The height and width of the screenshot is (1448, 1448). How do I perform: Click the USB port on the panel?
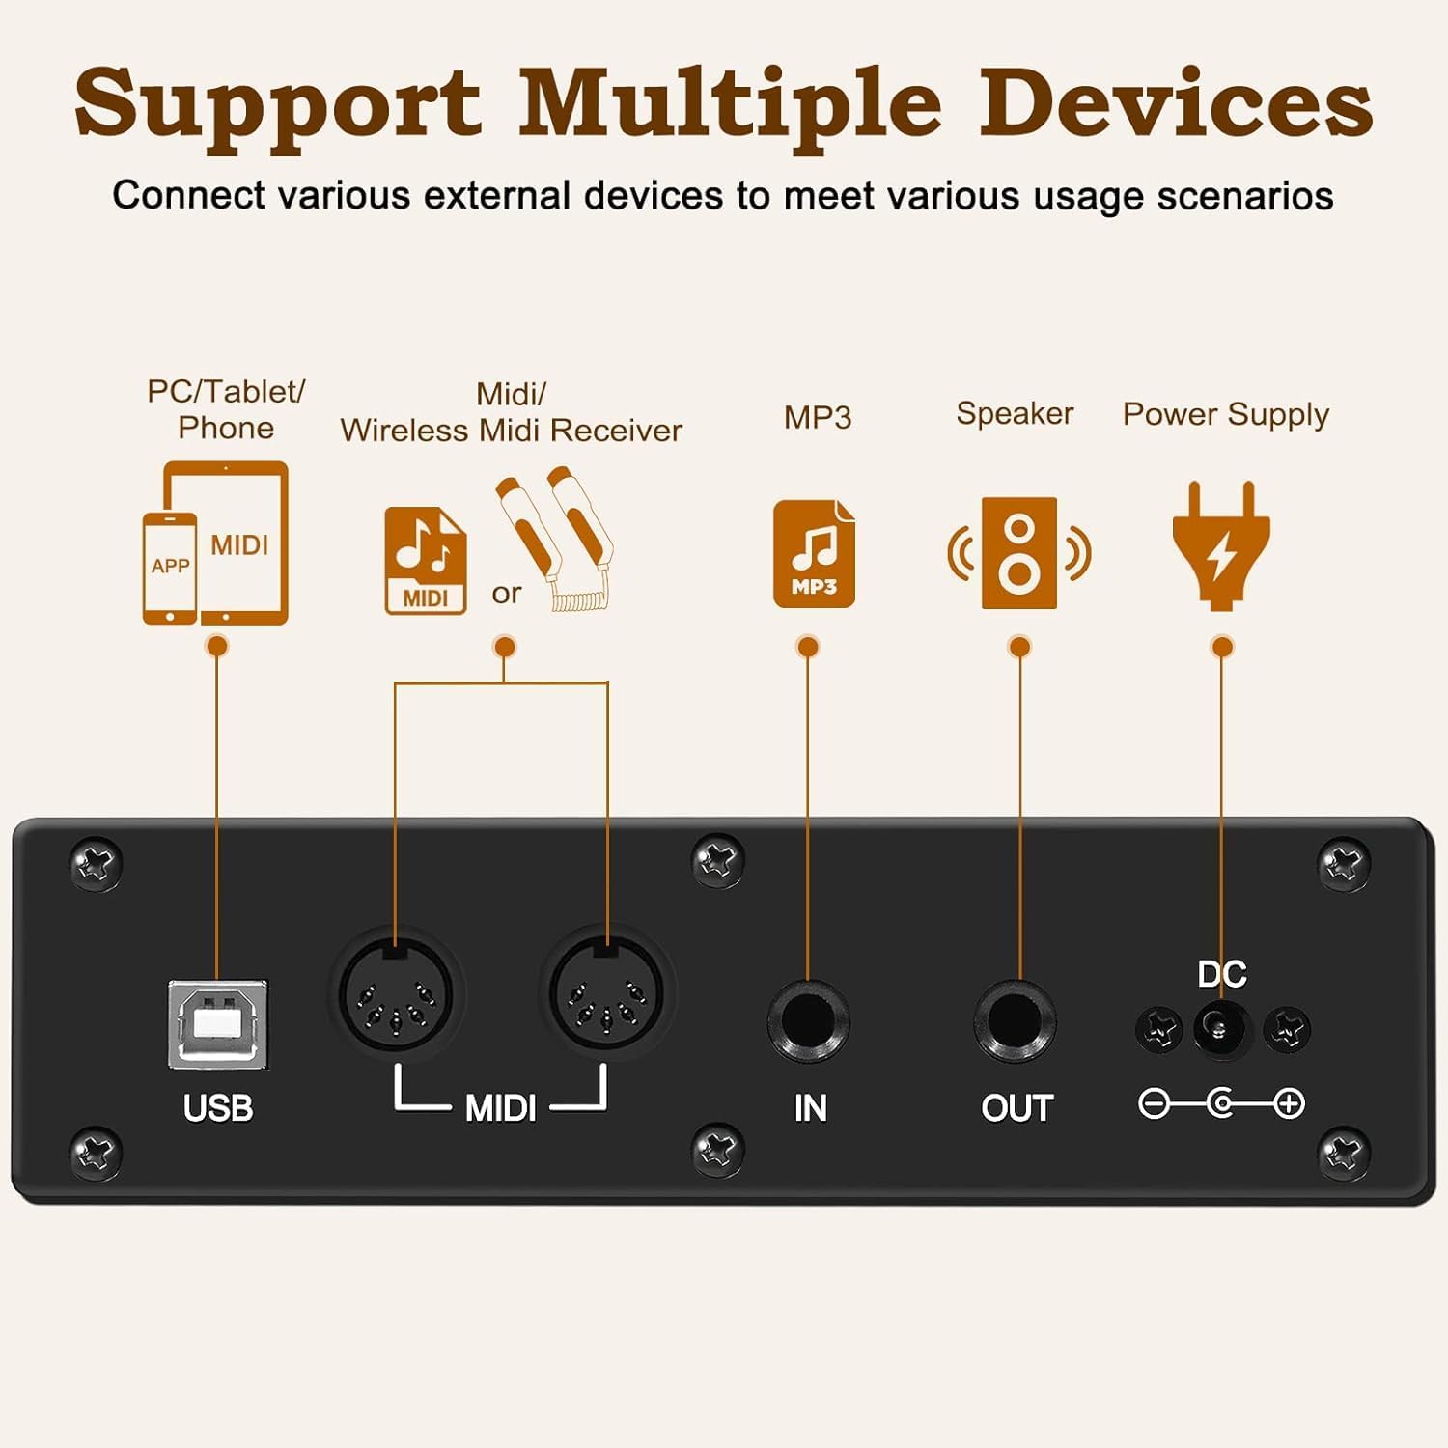click(217, 1025)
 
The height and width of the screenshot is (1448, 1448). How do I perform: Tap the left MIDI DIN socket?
click(396, 994)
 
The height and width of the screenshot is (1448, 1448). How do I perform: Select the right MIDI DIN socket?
click(606, 994)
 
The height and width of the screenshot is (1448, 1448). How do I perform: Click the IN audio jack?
click(808, 1021)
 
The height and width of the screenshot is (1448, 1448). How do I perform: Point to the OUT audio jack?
click(1015, 1021)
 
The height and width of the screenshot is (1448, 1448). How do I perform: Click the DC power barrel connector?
click(1221, 1029)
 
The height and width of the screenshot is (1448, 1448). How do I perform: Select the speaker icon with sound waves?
click(1018, 553)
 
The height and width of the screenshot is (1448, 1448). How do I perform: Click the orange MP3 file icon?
click(814, 553)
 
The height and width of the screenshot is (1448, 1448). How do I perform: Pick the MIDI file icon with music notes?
click(426, 560)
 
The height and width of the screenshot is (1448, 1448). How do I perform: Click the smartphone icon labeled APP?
click(170, 568)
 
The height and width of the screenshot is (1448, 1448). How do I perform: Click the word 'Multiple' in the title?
click(730, 104)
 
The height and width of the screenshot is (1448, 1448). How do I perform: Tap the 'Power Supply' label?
click(1225, 414)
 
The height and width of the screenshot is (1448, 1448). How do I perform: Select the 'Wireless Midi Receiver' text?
click(511, 431)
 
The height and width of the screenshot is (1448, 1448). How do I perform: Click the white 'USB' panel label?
click(218, 1108)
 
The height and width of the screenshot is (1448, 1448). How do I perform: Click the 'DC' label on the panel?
click(1221, 974)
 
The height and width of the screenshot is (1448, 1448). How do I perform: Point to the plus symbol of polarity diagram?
click(1290, 1103)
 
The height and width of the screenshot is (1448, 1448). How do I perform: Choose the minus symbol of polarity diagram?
click(1154, 1103)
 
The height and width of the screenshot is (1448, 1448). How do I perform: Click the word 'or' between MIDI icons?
click(507, 594)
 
